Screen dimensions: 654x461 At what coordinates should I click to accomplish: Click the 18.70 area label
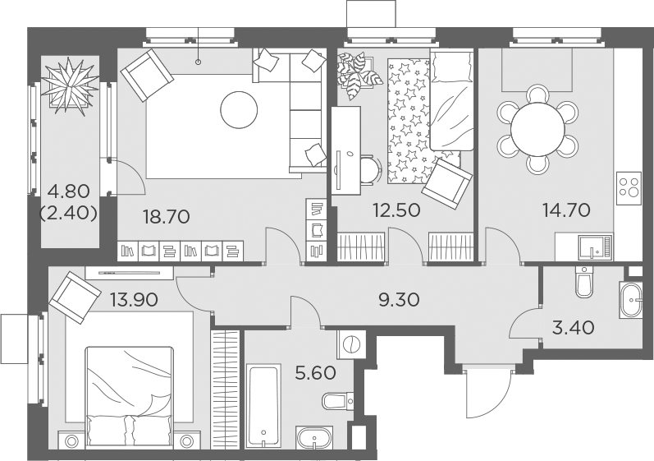tap(166, 217)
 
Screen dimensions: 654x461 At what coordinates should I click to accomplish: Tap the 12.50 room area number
tap(396, 210)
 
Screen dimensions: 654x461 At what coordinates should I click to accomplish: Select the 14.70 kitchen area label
tap(566, 210)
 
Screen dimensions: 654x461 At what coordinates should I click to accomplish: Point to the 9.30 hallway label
tap(399, 299)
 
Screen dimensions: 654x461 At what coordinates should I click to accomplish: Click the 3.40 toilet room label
tap(573, 327)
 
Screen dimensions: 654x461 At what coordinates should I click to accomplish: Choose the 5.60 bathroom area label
tap(315, 373)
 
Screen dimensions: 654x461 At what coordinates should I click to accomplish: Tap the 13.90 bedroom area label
tap(134, 299)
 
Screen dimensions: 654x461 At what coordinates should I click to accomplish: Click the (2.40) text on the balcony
tap(69, 214)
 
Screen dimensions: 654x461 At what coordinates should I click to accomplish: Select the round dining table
tap(537, 129)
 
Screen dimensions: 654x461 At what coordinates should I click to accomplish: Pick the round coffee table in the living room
tap(239, 110)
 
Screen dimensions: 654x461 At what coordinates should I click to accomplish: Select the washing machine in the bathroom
tap(351, 344)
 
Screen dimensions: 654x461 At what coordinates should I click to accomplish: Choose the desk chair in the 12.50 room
tap(368, 170)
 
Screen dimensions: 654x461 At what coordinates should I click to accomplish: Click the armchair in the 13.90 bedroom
tap(74, 297)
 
